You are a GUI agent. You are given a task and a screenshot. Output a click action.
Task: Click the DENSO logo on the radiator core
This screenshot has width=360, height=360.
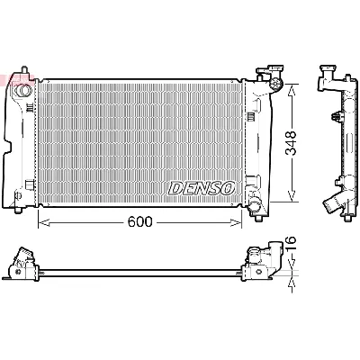(202, 187)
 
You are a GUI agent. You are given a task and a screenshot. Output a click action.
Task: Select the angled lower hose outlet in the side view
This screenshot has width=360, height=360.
(337, 202)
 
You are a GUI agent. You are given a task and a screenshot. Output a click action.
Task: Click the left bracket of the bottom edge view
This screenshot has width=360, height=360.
(20, 262)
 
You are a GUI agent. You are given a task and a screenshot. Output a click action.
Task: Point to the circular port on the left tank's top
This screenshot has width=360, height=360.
(25, 89)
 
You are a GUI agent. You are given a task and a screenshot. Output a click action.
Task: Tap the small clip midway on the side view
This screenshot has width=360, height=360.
(334, 117)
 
